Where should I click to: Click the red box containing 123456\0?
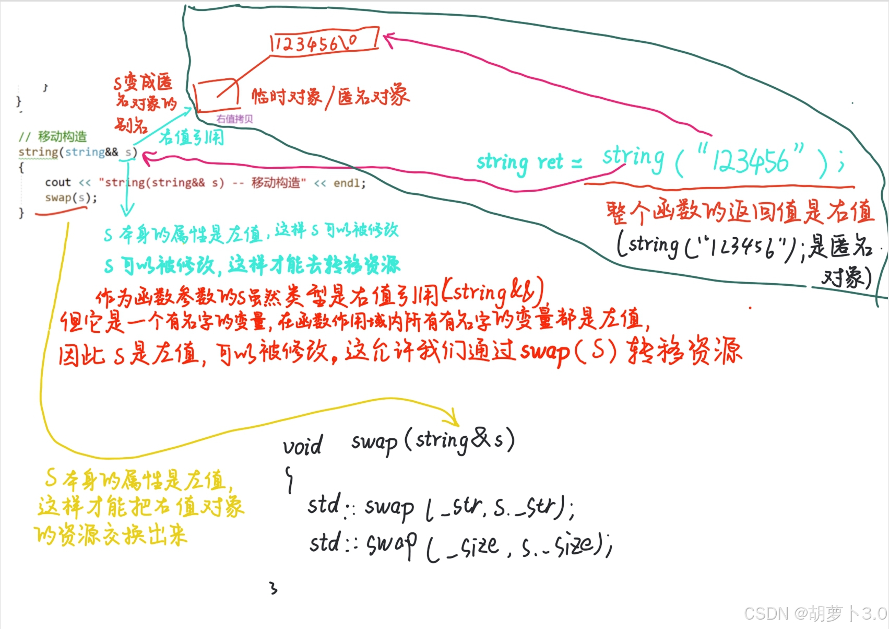click(324, 42)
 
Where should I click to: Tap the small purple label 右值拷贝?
click(234, 119)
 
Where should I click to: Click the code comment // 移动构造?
click(53, 137)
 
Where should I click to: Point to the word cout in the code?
click(57, 182)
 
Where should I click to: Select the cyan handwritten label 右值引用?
click(192, 137)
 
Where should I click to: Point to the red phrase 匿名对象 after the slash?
click(373, 96)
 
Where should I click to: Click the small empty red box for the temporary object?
click(215, 94)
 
